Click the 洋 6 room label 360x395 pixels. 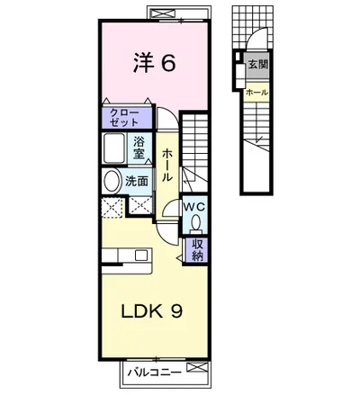coord(154,63)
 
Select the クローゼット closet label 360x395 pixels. coord(124,118)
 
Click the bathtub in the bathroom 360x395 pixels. coord(114,148)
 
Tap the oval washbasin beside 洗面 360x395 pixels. coord(112,181)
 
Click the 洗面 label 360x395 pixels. coord(137,181)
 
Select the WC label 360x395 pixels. coord(194,206)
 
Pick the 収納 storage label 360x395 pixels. coord(197,250)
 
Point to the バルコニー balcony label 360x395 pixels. coord(154,373)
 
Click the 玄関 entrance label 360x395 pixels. coord(257,65)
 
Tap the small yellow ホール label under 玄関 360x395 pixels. coord(256,93)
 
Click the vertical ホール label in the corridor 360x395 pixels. coord(167,165)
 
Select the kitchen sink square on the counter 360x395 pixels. coord(141,256)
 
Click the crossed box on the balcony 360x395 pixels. coord(197,367)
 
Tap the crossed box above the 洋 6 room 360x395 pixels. coord(162,13)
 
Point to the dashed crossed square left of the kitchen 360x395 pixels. coord(112,207)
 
